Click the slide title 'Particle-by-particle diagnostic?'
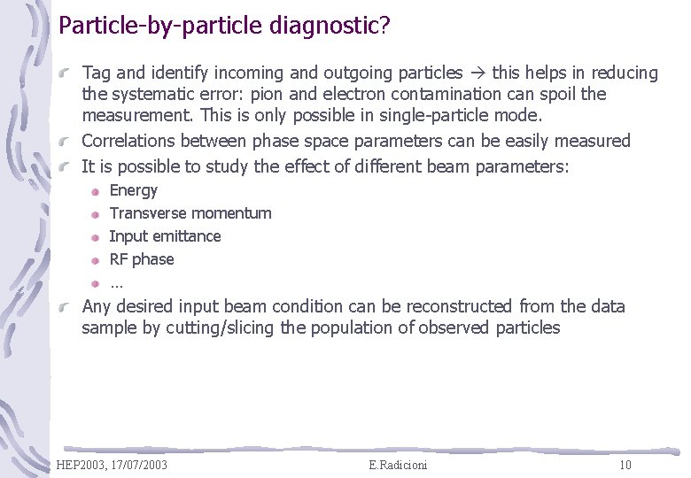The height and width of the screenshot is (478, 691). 224,25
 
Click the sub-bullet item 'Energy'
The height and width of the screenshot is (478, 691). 133,190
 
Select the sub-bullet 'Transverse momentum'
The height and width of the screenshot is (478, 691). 190,213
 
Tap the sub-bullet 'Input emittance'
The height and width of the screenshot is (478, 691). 165,236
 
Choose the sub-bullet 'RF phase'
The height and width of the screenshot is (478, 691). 141,259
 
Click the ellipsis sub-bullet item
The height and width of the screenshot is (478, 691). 116,283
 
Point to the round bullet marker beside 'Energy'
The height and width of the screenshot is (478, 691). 95,191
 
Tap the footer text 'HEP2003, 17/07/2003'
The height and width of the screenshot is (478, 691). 112,465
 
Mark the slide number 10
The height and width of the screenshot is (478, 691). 625,465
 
